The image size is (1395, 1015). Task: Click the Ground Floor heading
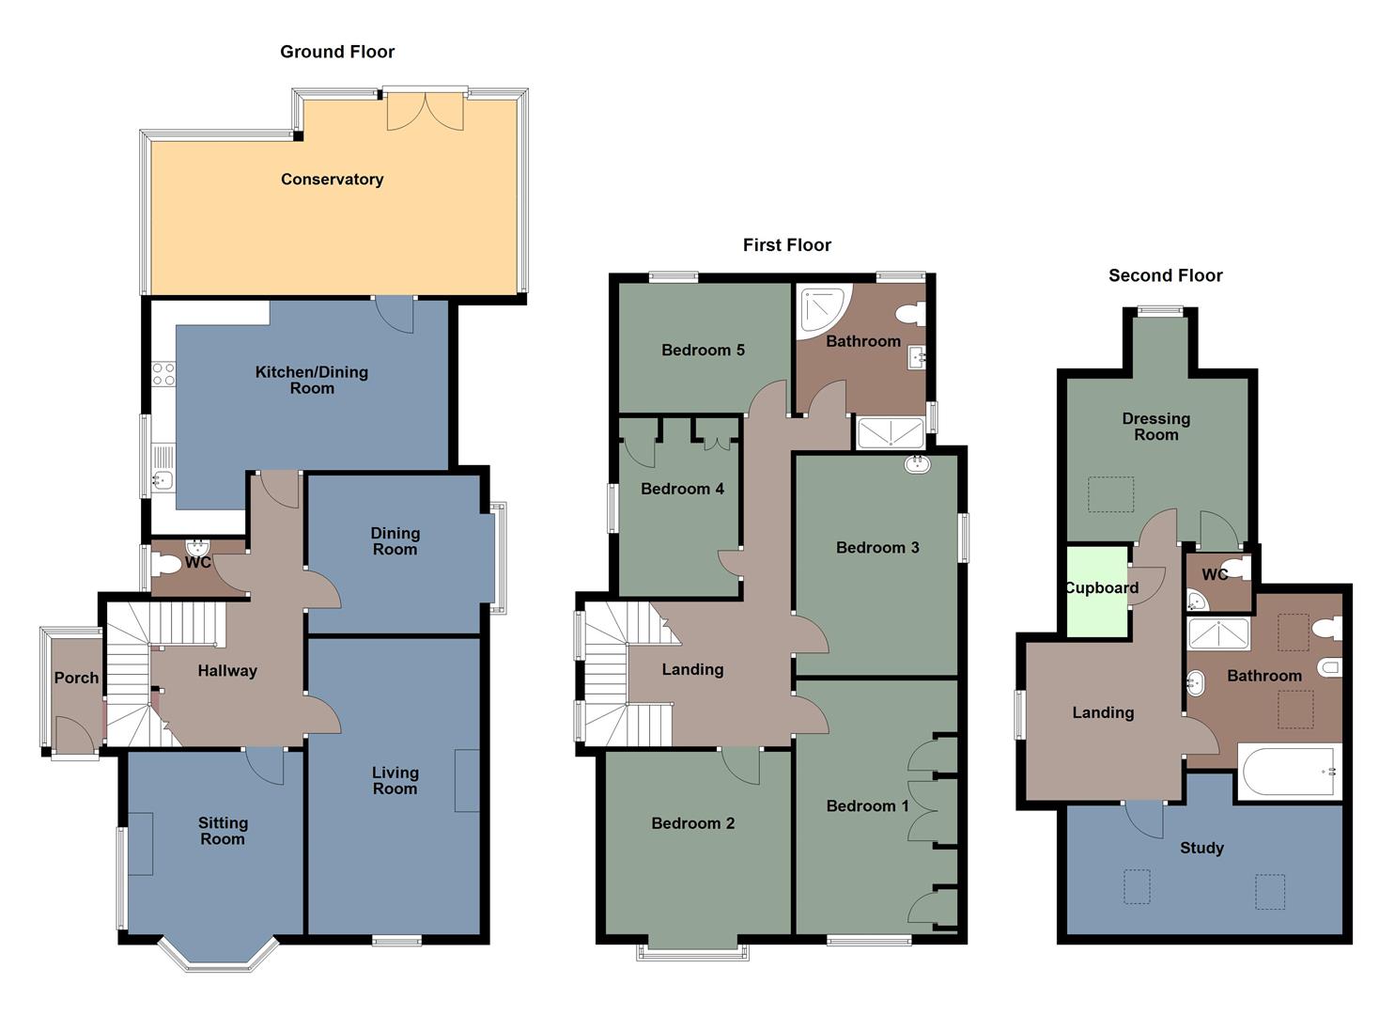(x=337, y=52)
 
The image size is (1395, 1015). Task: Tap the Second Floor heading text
(x=1165, y=275)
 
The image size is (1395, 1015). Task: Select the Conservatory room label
(x=332, y=180)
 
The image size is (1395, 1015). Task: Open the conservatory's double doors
(x=426, y=111)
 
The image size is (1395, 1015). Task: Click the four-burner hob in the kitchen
(x=163, y=374)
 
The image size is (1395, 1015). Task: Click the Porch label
(x=76, y=678)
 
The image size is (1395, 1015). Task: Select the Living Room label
(x=395, y=780)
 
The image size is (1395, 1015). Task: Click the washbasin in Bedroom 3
(x=918, y=464)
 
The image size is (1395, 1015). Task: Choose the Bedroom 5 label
(x=703, y=350)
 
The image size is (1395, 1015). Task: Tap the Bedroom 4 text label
(x=682, y=489)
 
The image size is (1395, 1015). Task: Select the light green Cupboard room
(x=1097, y=592)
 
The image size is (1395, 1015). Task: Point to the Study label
(x=1201, y=848)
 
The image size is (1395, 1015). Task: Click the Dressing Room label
(x=1155, y=427)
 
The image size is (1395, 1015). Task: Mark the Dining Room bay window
(x=498, y=558)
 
